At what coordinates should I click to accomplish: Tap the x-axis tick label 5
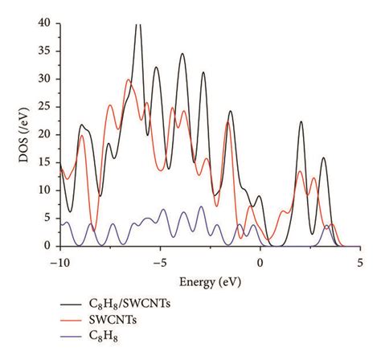click(359, 262)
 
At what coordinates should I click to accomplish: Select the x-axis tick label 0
click(260, 262)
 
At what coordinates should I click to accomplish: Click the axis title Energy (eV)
click(209, 281)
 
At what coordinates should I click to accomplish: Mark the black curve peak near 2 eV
click(301, 122)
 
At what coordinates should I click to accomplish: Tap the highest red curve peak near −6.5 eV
click(128, 80)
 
